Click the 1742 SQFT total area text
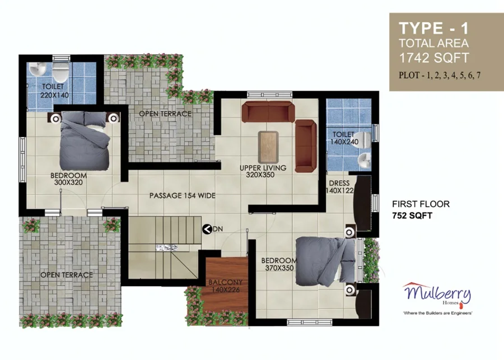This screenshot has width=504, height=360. (434, 58)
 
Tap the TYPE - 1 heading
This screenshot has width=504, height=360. (433, 29)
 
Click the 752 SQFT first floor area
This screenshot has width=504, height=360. (412, 216)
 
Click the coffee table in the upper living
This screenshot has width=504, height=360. (268, 147)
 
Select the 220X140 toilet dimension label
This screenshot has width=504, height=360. (55, 95)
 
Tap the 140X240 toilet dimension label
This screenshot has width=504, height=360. (344, 142)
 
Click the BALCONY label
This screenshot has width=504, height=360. (225, 282)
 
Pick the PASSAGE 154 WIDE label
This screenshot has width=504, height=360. (182, 195)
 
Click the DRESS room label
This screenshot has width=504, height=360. (339, 183)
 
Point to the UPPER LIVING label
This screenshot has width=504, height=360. (263, 168)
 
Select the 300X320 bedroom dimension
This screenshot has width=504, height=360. (68, 183)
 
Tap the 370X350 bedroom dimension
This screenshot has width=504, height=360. (279, 268)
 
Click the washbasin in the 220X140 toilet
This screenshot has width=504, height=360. (38, 68)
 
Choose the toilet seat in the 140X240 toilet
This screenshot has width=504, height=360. (364, 139)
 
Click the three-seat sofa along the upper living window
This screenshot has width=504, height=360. (268, 111)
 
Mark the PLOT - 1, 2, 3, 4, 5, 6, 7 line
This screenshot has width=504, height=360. (440, 75)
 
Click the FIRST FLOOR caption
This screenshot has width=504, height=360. (421, 204)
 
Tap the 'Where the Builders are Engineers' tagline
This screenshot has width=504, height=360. (437, 313)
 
